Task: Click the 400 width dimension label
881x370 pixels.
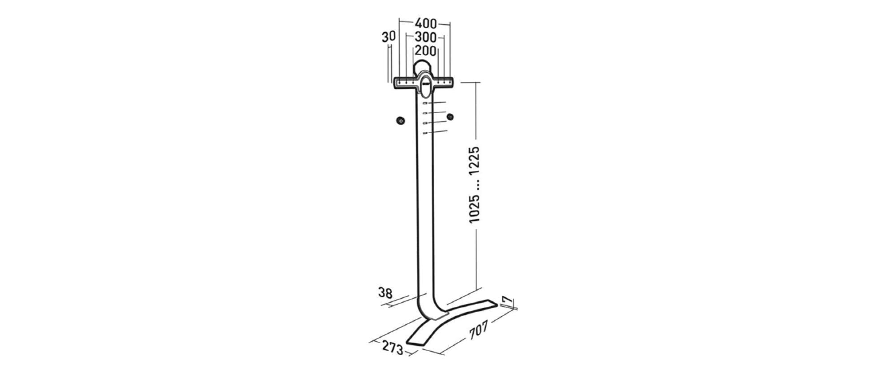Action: [425, 23]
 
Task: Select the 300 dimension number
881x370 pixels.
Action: [425, 37]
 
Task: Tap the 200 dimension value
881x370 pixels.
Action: [425, 51]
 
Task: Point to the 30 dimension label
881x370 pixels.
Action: [389, 37]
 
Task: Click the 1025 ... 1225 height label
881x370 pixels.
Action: [474, 185]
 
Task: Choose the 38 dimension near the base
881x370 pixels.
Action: [385, 293]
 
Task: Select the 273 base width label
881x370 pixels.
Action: [393, 348]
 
